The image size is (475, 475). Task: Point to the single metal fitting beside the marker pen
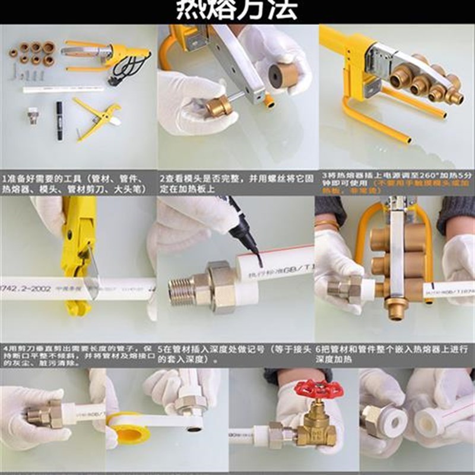tap(33, 114)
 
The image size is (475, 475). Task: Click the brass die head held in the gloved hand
tap(216, 106)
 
